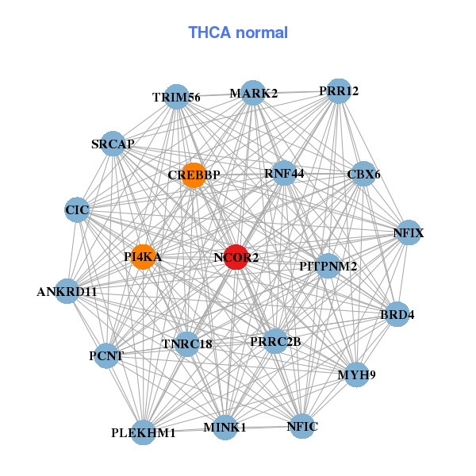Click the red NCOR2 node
(236, 257)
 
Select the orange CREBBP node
(194, 175)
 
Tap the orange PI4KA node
(143, 257)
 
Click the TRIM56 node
(176, 97)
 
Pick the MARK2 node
(253, 93)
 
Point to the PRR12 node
(339, 90)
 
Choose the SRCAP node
(113, 144)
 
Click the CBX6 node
(363, 174)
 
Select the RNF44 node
(284, 173)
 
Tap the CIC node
(77, 210)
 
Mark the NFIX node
(408, 232)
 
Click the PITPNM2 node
(328, 266)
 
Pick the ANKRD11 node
(67, 291)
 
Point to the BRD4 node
(397, 314)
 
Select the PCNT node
(106, 355)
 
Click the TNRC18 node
(186, 344)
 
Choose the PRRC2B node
(275, 341)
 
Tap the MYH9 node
(356, 374)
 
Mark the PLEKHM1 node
(144, 432)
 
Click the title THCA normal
(238, 33)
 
